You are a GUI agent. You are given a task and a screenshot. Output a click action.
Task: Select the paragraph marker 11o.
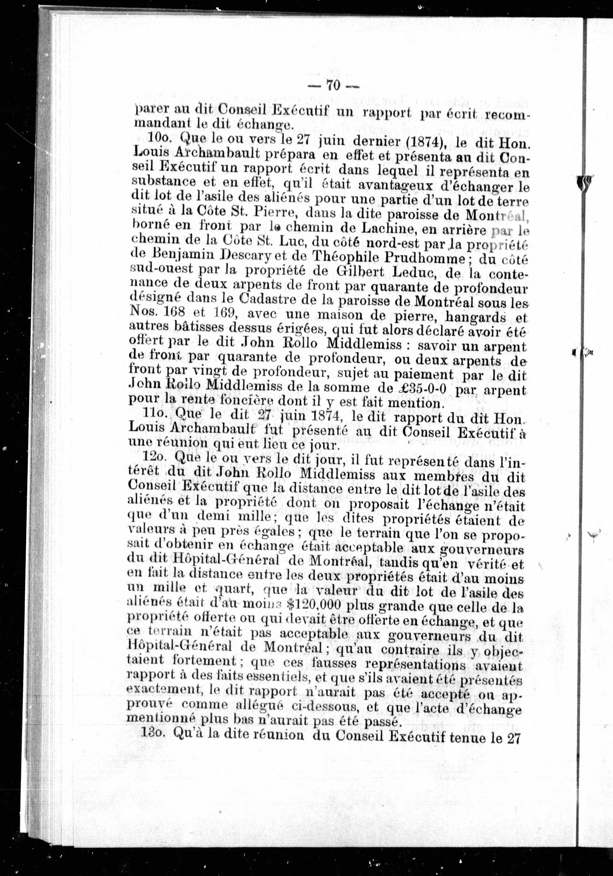pos(155,413)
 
